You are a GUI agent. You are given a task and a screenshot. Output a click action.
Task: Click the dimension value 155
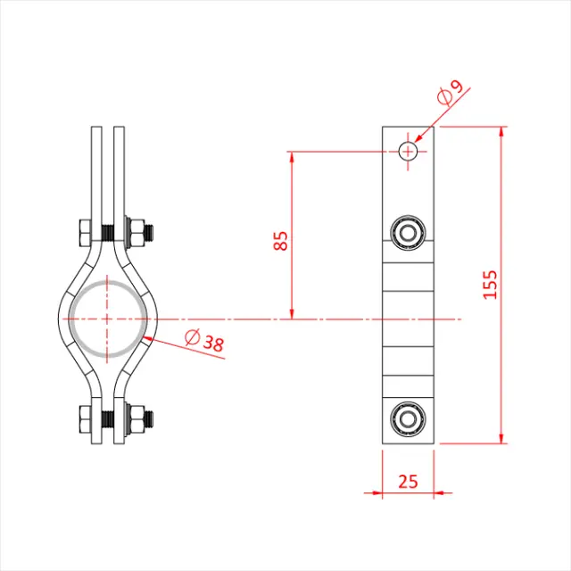[x=490, y=284]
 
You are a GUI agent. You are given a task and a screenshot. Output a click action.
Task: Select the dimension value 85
[x=281, y=241]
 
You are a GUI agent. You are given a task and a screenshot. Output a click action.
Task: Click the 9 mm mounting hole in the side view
[x=409, y=151]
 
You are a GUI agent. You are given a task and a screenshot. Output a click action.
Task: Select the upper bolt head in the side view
[x=409, y=234]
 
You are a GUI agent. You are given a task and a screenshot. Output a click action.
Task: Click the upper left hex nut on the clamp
[x=87, y=234]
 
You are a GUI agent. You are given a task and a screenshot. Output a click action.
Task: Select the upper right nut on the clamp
[x=137, y=234]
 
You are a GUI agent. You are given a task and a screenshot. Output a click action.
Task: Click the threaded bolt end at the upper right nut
[x=153, y=234]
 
